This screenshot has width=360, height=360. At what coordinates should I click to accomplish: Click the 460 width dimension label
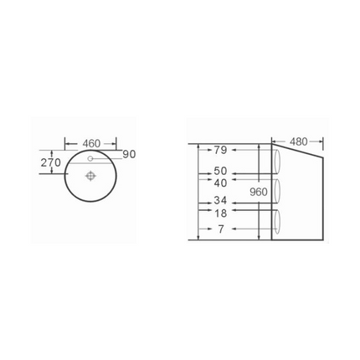tap(91, 143)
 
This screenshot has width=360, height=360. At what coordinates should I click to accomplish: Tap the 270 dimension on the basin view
tap(51, 162)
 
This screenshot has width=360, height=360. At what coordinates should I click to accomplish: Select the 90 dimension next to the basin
tap(128, 154)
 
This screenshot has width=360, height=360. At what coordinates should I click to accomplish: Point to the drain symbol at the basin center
tap(91, 176)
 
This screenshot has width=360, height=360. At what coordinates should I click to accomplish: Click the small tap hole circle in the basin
tap(90, 157)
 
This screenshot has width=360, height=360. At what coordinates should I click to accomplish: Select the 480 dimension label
tap(299, 141)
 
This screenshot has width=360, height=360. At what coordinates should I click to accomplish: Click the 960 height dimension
tap(259, 192)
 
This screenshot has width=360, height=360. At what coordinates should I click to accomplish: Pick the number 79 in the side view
tap(220, 150)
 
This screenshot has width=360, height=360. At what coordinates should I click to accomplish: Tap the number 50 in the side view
tap(220, 172)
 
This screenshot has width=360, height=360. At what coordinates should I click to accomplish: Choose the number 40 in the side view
tap(220, 183)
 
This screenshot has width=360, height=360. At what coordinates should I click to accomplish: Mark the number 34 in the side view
tap(220, 201)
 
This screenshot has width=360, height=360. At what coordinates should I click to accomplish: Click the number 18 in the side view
tap(220, 213)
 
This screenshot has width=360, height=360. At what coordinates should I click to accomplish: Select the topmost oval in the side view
tap(276, 161)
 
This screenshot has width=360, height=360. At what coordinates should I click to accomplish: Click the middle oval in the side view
tap(276, 192)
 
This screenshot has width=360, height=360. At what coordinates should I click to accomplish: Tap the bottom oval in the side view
tap(276, 221)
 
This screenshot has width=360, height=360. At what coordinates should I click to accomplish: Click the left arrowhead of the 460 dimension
tap(68, 144)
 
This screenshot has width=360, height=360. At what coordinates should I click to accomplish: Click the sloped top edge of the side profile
tap(298, 152)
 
